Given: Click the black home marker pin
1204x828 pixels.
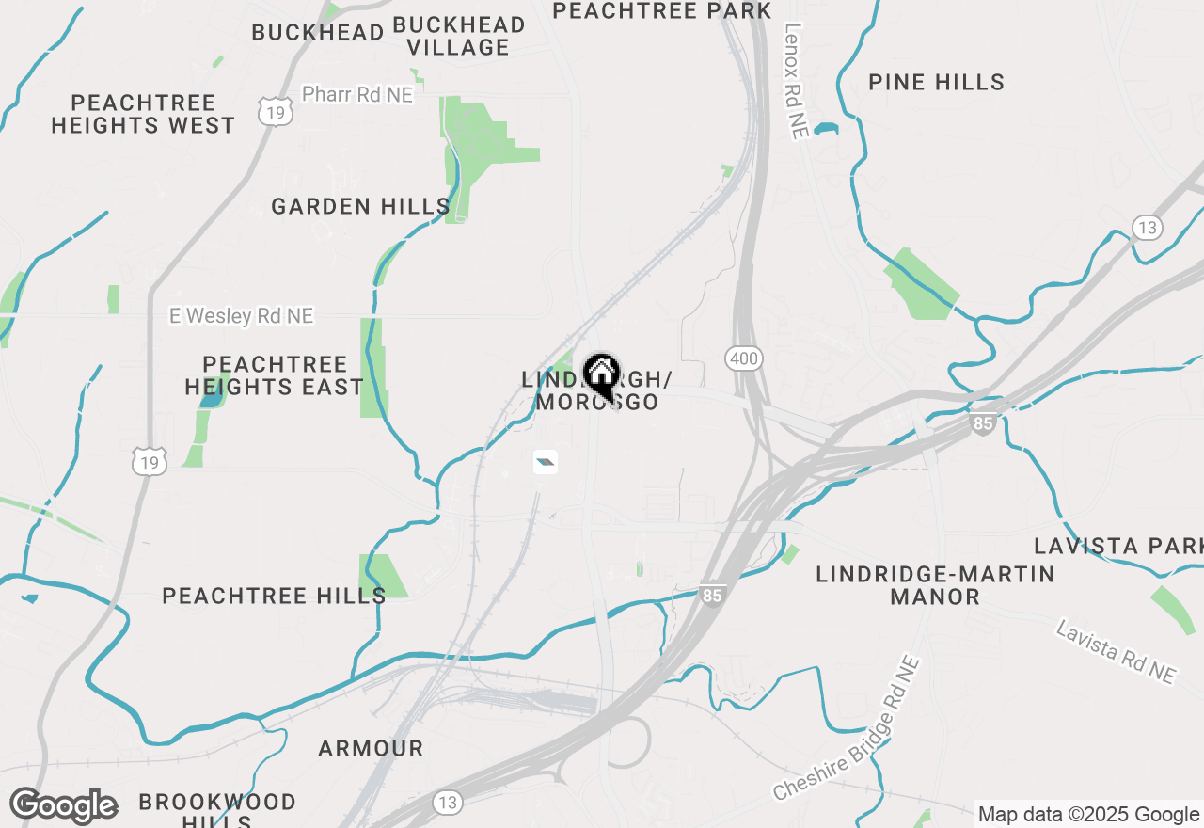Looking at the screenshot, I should pos(601,376).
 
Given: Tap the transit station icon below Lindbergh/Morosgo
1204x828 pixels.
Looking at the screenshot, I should pos(545,462).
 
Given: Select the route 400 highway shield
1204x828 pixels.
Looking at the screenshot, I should pos(744,358).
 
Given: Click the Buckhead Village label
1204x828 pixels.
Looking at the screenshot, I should pos(459,36).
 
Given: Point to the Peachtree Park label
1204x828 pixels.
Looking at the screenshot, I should pos(661,10).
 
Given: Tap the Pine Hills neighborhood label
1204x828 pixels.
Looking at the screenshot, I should pos(936,83).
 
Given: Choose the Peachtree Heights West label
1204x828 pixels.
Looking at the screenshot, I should pos(143,114).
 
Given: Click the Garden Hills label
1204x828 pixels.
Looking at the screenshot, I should pos(360,207).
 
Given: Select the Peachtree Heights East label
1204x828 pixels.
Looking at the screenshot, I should pos(274,375).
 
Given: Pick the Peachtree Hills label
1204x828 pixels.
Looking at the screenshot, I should pos(274,596).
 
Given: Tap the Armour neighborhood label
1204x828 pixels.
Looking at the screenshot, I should pos(371,749).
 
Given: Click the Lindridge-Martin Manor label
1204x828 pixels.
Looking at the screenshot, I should pos(935,585).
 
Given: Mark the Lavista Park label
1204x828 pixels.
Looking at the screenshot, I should pos(1117,546).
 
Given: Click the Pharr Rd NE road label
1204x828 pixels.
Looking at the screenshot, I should pos(357,95).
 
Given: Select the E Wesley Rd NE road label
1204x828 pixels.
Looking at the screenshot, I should pos(241,316).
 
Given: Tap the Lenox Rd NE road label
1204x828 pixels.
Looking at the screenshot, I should pos(796,82).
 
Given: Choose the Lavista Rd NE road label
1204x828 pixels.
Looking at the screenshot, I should pos(1117,651).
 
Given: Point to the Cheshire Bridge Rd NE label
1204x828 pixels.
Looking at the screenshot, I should pos(847,730).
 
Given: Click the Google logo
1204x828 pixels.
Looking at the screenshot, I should pos(64,806).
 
